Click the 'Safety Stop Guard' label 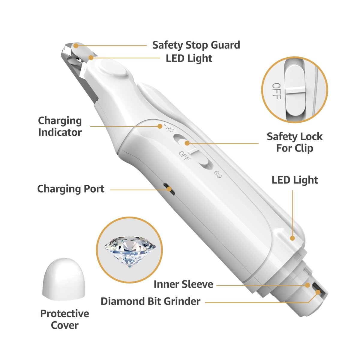(196, 45)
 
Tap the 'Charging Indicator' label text (60, 127)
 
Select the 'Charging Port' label (71, 189)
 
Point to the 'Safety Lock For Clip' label (295, 142)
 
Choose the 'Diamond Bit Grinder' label (150, 301)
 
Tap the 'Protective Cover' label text (64, 319)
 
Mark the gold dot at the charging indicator (160, 126)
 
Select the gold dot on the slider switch (187, 143)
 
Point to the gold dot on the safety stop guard (76, 46)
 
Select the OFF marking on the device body (184, 156)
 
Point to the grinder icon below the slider (218, 175)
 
